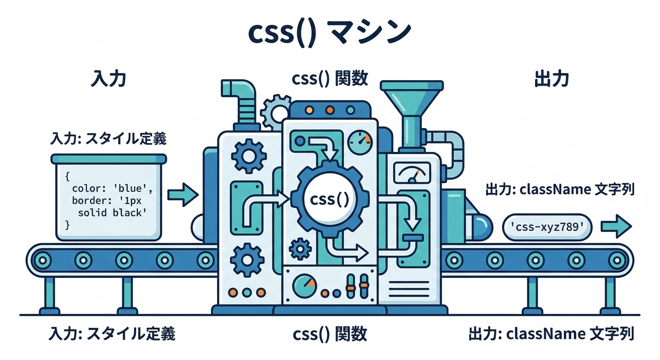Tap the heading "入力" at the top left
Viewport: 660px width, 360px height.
pos(108,79)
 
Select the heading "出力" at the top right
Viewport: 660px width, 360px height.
pos(551,79)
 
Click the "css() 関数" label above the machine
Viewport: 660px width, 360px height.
pos(330,79)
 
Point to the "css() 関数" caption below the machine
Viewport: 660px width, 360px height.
pos(330,334)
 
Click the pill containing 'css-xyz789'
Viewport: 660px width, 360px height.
pos(547,227)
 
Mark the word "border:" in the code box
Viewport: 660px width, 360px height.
pos(88,201)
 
